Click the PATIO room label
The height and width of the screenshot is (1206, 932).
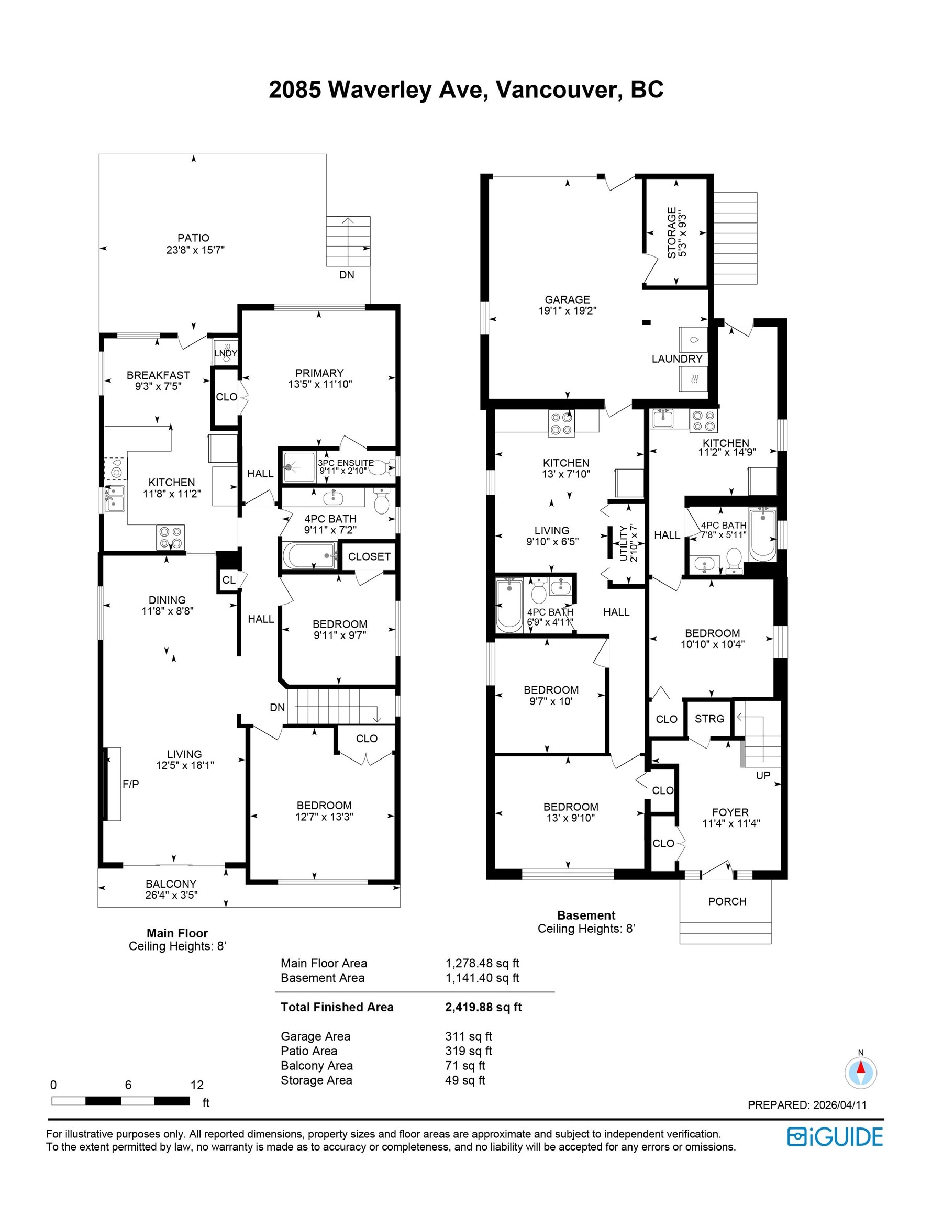click(x=193, y=238)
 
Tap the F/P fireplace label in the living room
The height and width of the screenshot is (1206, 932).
click(x=130, y=784)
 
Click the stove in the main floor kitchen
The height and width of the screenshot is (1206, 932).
click(x=170, y=537)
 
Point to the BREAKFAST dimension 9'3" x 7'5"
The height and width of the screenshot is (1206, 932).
click(x=158, y=386)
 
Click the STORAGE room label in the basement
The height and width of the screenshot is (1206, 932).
click(x=671, y=232)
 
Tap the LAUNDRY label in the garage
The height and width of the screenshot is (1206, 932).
click(x=677, y=359)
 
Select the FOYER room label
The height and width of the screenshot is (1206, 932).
click(x=730, y=812)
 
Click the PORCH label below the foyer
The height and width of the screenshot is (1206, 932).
click(x=727, y=901)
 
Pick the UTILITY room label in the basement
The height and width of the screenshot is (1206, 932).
click(x=624, y=543)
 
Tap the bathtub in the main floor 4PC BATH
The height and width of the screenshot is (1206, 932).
click(x=309, y=555)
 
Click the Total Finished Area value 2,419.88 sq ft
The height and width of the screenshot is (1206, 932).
click(x=483, y=1007)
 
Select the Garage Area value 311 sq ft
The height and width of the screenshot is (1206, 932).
click(x=469, y=1036)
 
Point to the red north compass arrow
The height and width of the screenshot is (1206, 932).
click(x=861, y=1068)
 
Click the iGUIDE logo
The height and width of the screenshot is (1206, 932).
click(x=835, y=1137)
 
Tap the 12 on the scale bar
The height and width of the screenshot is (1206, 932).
click(x=197, y=1085)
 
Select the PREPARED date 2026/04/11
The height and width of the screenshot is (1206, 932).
click(x=840, y=1105)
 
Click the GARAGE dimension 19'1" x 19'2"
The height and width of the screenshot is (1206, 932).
click(x=568, y=311)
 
